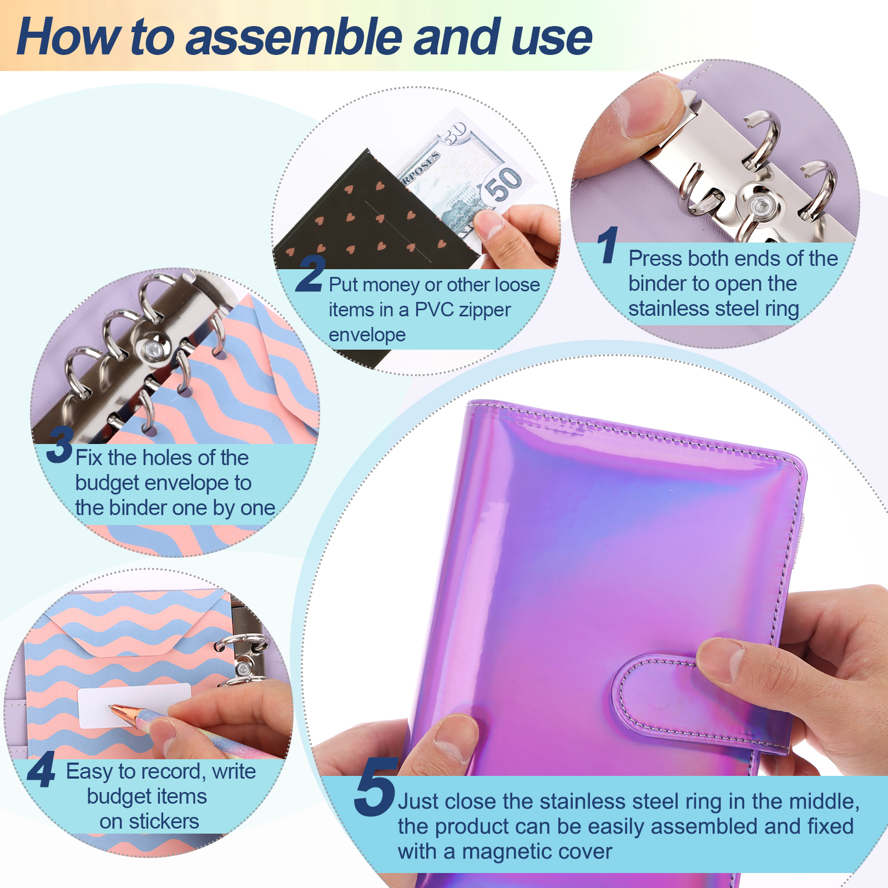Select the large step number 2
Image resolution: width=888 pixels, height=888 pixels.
tap(311, 273)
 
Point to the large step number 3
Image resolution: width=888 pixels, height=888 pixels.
tap(60, 444)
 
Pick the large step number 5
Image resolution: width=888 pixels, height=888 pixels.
tap(376, 787)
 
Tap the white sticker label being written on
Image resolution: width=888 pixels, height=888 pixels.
tap(134, 705)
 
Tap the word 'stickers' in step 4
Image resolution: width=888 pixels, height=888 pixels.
tap(164, 821)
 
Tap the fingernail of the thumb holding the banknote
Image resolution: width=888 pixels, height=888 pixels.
tap(488, 224)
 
